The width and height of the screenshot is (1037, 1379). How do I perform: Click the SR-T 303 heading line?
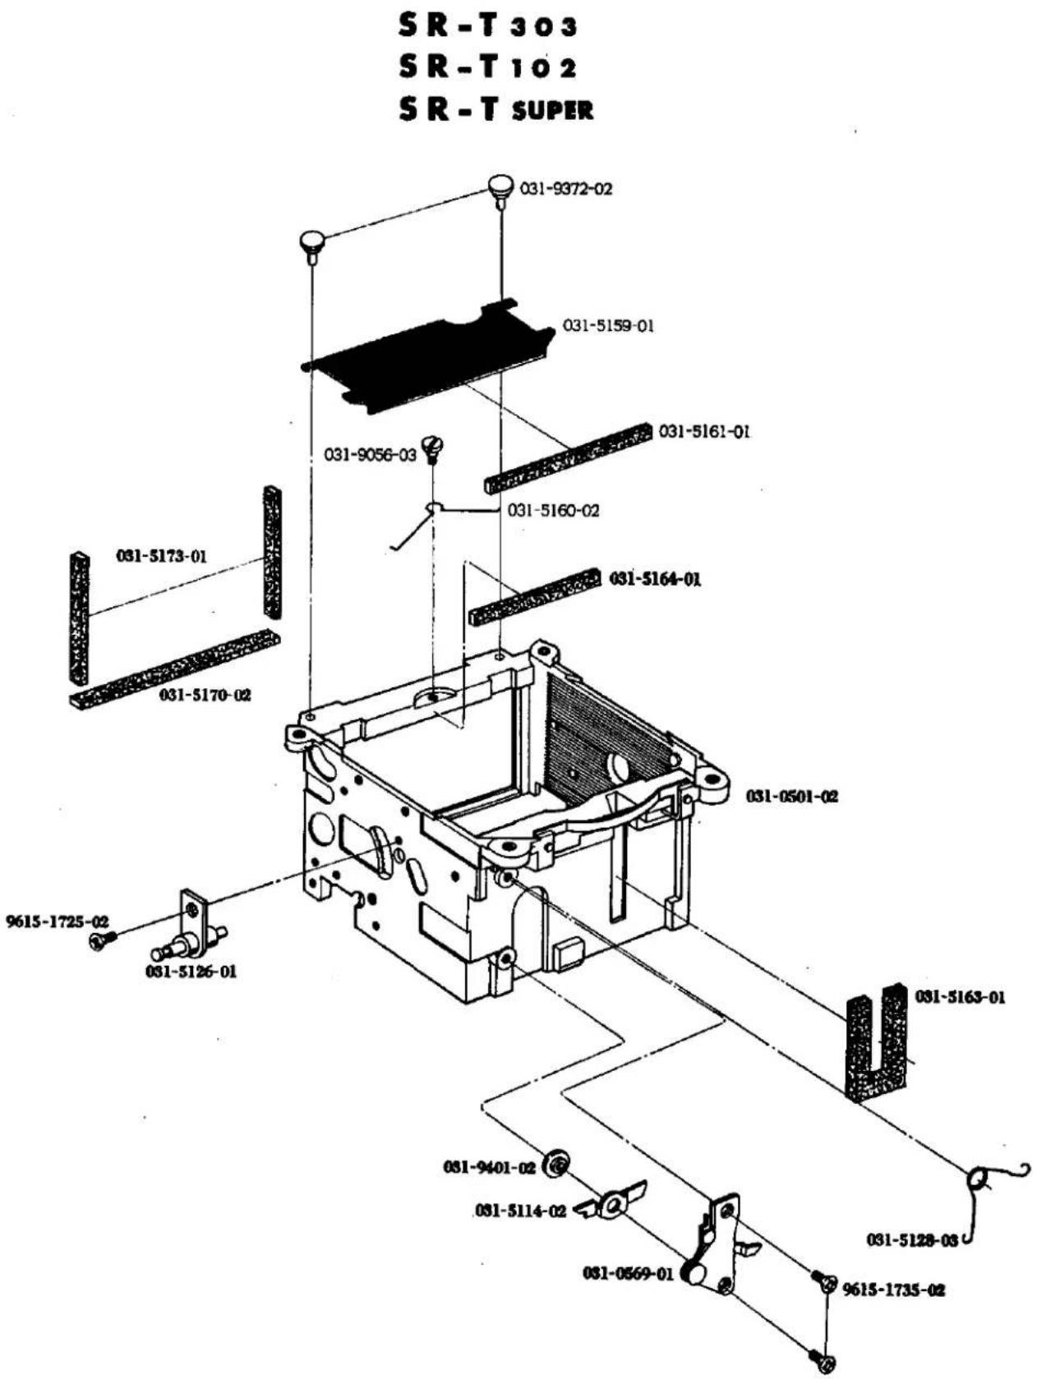tap(488, 26)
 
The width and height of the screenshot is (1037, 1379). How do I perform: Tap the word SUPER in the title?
tap(552, 111)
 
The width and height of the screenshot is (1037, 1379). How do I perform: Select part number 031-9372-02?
tap(565, 188)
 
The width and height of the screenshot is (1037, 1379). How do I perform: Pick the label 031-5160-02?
tap(553, 510)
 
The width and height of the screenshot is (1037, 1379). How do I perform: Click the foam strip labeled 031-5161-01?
tap(570, 457)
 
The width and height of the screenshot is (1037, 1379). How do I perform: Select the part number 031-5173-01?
tap(162, 556)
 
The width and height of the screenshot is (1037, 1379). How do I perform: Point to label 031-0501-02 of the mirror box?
tap(792, 797)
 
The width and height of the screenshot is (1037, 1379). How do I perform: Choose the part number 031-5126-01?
tap(191, 972)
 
